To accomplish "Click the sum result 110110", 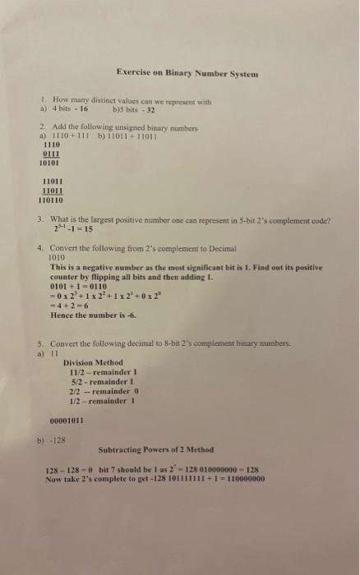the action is [x=51, y=200].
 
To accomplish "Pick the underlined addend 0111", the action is [x=51, y=152].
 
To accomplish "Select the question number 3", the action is [x=41, y=219].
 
